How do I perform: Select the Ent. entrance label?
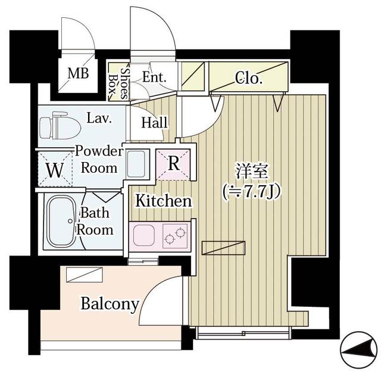(x=154, y=77)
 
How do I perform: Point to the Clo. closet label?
(x=249, y=77)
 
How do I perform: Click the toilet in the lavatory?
(x=60, y=125)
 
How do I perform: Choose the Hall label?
(x=155, y=123)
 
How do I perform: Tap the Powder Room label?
(x=99, y=159)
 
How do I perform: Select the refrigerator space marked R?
(x=174, y=163)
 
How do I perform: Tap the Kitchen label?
(x=164, y=201)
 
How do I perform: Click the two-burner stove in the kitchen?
(x=175, y=236)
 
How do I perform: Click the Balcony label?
(x=110, y=304)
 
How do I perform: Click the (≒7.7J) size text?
(x=250, y=191)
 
